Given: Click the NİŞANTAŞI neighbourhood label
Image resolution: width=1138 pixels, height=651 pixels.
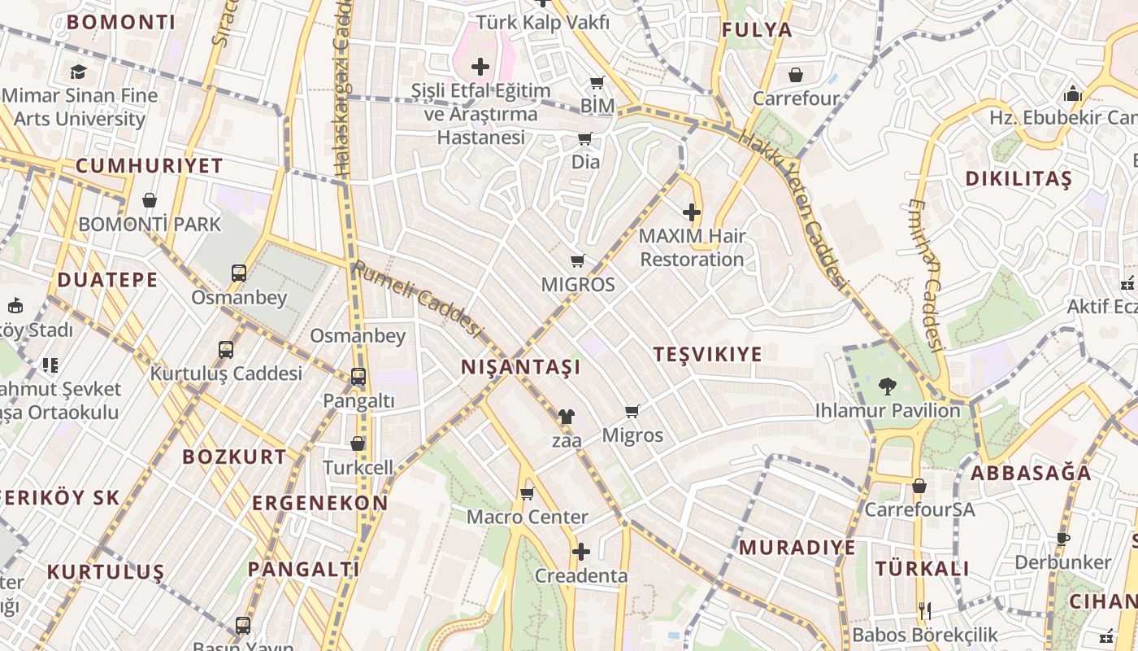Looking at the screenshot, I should [x=521, y=367].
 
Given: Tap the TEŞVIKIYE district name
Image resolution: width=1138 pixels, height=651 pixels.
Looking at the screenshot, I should [x=708, y=354].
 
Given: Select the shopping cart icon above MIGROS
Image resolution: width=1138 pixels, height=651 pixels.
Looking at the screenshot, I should [x=578, y=261].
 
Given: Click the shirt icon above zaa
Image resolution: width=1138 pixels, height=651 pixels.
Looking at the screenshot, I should [x=567, y=417].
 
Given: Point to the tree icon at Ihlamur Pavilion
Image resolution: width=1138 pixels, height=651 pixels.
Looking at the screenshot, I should [x=887, y=387].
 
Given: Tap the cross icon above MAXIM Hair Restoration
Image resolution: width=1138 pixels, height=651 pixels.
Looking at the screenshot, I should [x=692, y=213].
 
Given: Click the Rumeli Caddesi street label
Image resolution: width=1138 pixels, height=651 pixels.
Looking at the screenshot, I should [x=417, y=299].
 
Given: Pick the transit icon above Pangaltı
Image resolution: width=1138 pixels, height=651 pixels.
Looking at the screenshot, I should [x=358, y=377].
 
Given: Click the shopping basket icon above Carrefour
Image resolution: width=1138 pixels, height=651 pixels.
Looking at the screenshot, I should [x=796, y=75].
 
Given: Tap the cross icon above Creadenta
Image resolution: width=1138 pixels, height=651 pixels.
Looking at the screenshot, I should [x=581, y=553].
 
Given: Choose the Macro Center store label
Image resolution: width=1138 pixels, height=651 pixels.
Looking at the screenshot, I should [x=527, y=517].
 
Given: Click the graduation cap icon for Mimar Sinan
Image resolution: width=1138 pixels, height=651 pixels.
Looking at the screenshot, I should [x=78, y=72].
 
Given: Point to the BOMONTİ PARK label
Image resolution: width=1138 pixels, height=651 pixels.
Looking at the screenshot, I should [x=150, y=224].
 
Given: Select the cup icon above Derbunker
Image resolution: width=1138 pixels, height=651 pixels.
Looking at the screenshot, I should [x=1062, y=539].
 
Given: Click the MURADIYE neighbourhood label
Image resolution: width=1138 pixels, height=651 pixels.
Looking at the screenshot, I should [x=797, y=547].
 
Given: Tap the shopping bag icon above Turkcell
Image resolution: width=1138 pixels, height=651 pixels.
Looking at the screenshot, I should [x=358, y=443].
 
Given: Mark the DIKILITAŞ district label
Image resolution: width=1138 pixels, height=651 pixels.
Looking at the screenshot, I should [x=1019, y=179].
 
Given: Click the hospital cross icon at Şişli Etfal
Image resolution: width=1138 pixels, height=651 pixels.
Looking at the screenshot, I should [x=480, y=67].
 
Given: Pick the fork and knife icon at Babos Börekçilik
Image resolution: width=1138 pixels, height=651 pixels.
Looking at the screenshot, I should [x=924, y=610].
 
